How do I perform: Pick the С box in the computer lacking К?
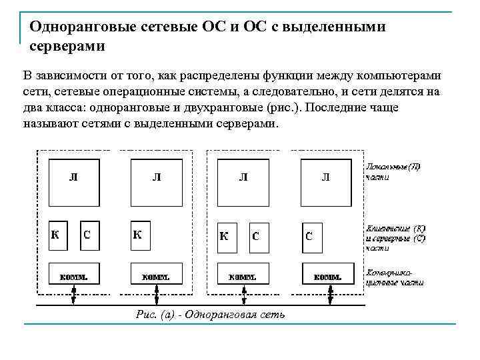click(x=311, y=236)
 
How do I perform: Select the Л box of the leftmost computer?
click(x=73, y=178)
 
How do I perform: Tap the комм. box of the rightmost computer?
click(x=327, y=275)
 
